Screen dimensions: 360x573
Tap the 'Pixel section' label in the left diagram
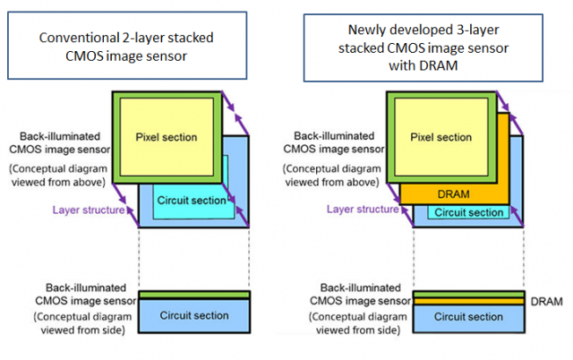point(166,137)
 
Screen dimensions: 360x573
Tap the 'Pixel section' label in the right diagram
point(440,137)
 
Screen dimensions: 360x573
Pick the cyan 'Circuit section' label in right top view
point(469,213)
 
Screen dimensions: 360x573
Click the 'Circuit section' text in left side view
point(193,316)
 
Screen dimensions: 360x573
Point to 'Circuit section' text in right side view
point(469,317)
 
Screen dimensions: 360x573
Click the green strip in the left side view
point(193,296)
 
